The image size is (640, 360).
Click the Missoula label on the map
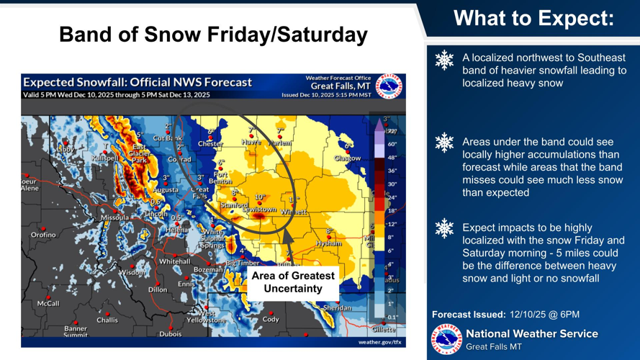[x=114, y=217]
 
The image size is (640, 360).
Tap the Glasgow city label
[x=347, y=158]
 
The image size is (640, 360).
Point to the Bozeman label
[x=208, y=269]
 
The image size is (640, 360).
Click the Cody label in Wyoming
[x=271, y=319]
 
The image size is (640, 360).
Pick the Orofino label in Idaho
[x=43, y=235]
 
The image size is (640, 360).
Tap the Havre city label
[x=251, y=143]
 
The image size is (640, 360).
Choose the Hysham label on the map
[x=330, y=243]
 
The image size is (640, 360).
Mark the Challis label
[x=107, y=320]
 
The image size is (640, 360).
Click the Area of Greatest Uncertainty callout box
[x=292, y=282]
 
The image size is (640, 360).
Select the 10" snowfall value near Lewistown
[x=259, y=197]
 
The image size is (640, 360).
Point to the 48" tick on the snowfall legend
[x=392, y=158]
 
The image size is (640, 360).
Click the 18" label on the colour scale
[x=392, y=211]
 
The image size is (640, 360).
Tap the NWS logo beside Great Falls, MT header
[x=389, y=87]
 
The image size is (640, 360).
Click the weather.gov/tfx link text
[x=379, y=342]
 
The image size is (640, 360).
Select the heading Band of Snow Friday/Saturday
[x=213, y=34]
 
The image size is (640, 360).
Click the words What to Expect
[x=533, y=18]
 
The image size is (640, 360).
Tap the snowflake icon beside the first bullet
[x=444, y=60]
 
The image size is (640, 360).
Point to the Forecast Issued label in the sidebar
[x=468, y=315]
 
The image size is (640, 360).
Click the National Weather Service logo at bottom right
[x=446, y=339]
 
